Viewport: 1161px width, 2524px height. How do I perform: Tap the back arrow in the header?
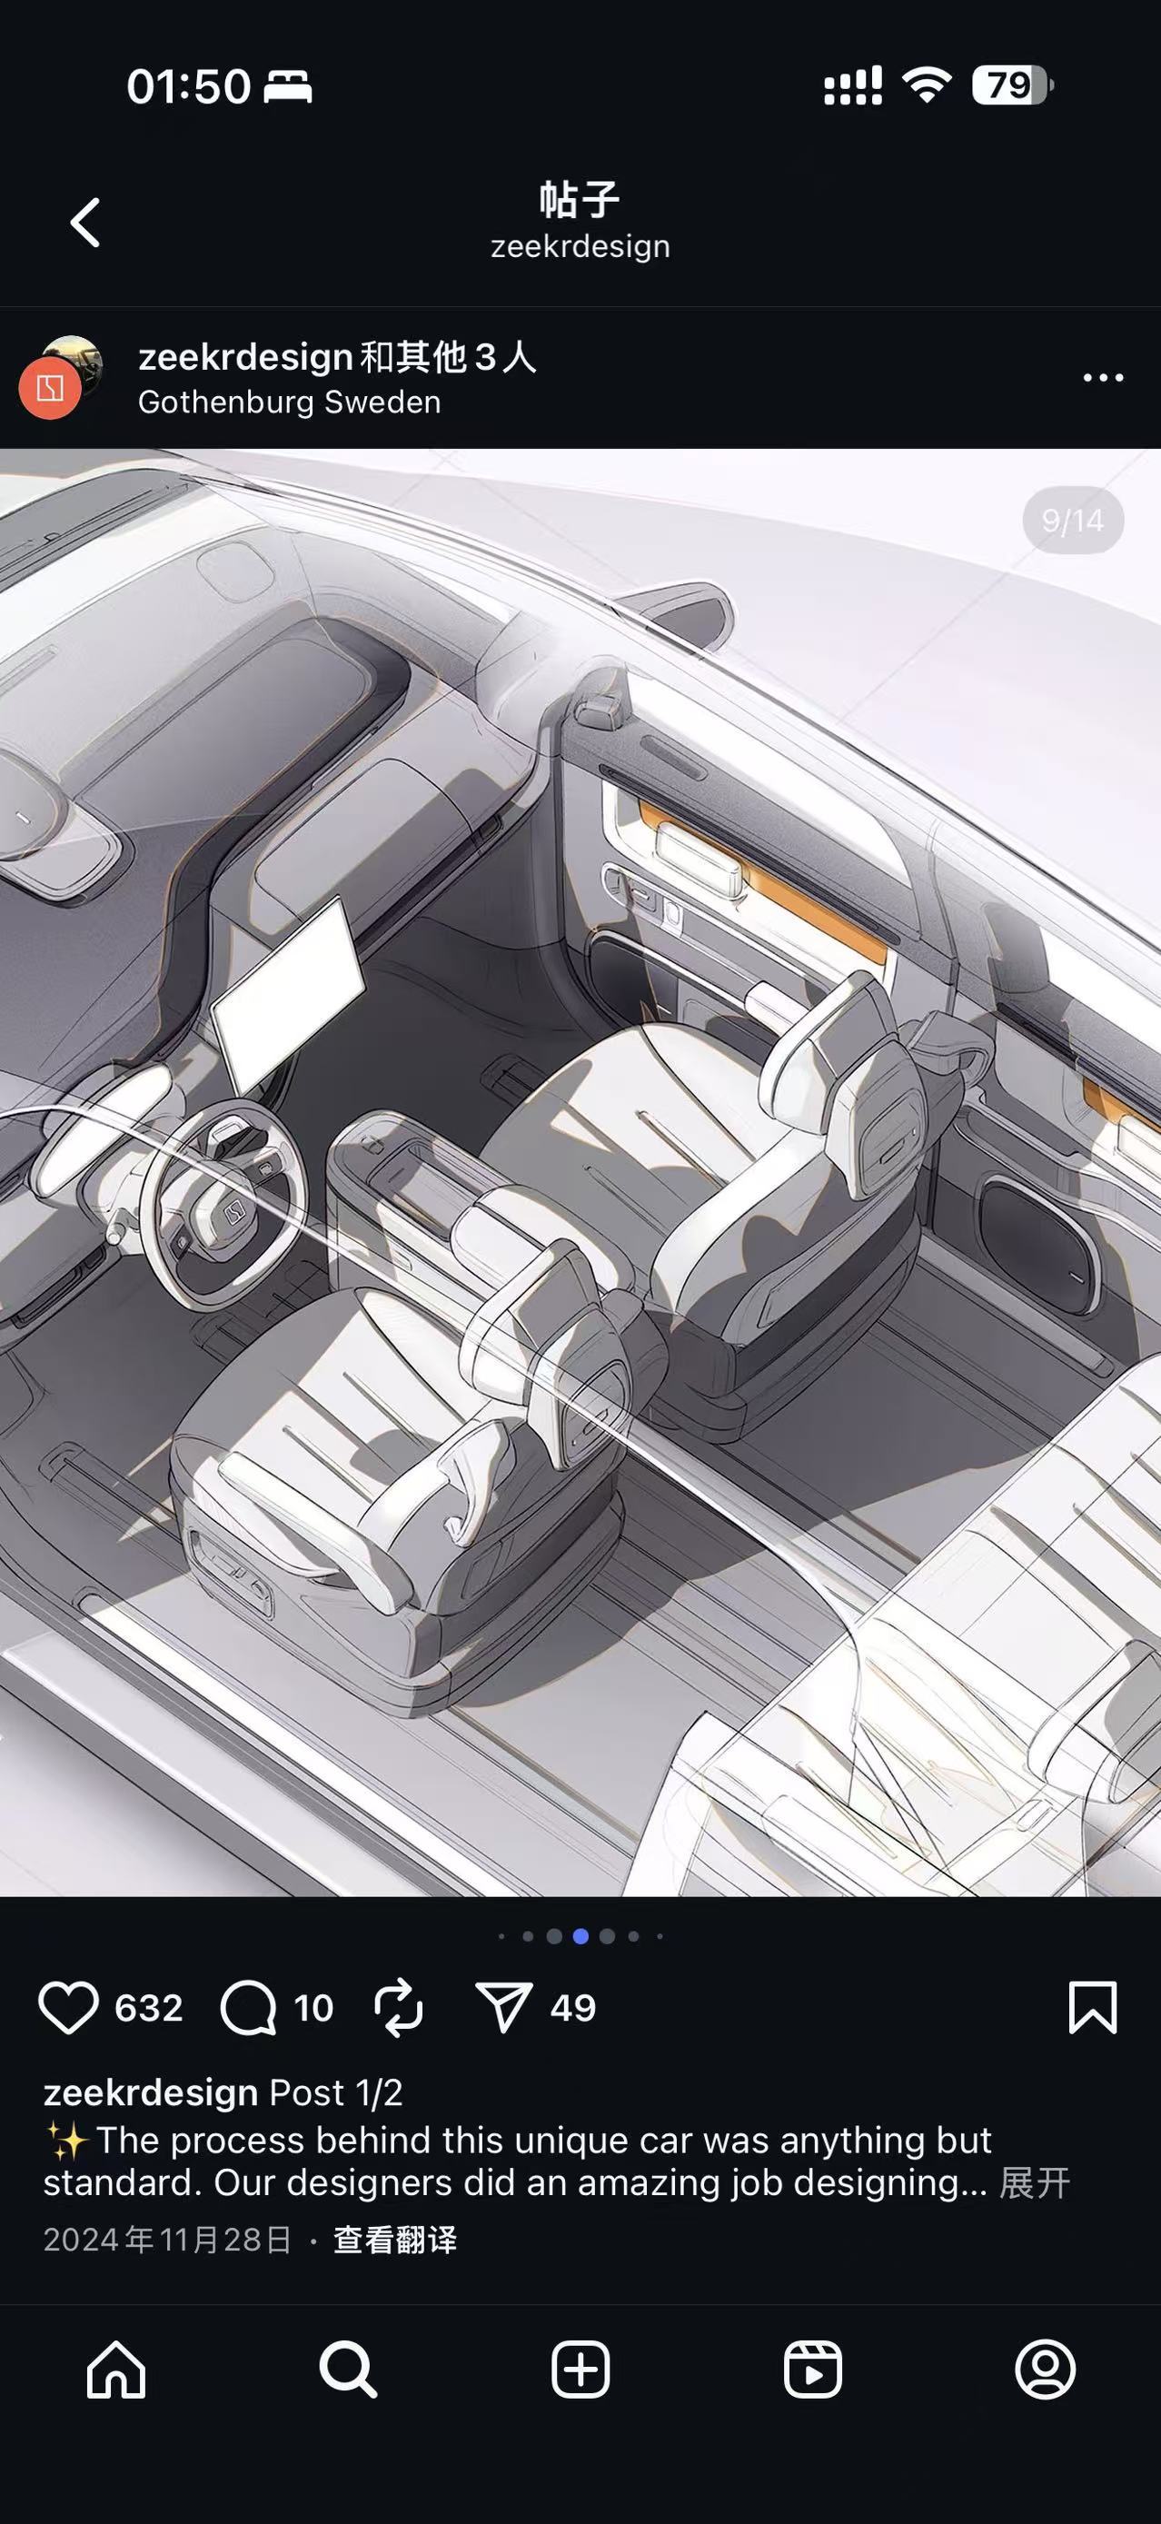click(x=85, y=223)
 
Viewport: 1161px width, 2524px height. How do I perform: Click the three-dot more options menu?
click(x=1103, y=377)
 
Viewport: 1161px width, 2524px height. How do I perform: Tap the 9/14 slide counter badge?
click(x=1073, y=521)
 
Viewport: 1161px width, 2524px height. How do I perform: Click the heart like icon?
click(x=68, y=2008)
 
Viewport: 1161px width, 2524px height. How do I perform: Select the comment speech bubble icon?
click(x=248, y=2008)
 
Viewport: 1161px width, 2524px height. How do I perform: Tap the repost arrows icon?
click(x=399, y=2008)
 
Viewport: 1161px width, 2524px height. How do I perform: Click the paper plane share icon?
click(x=503, y=2008)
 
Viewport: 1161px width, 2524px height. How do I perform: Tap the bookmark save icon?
click(x=1093, y=2008)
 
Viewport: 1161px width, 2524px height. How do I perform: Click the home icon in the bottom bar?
click(x=116, y=2370)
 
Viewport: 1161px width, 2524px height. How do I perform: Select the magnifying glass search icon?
click(x=348, y=2370)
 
